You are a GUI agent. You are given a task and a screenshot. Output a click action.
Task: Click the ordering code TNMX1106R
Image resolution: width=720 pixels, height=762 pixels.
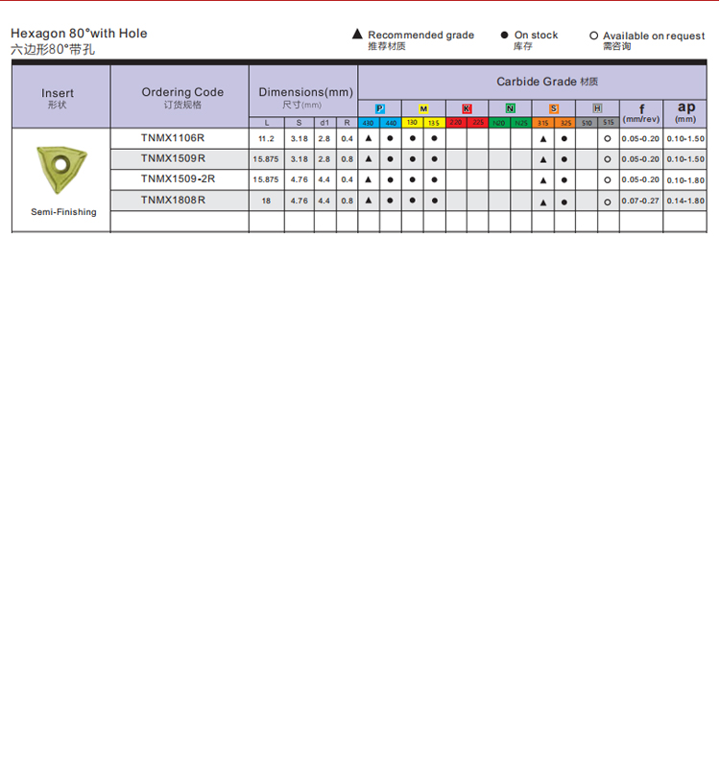[173, 138]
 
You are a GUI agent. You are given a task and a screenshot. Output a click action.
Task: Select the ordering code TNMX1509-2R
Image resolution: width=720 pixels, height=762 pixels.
[178, 179]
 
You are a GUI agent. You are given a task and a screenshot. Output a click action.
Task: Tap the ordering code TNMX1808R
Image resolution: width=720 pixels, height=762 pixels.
[173, 200]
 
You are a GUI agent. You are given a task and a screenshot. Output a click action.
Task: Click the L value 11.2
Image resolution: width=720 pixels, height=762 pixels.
[266, 139]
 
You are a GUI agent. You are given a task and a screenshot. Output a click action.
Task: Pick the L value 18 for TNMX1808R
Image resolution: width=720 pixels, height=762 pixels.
[266, 201]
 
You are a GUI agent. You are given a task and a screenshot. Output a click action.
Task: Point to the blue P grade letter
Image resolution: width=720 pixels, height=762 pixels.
[379, 109]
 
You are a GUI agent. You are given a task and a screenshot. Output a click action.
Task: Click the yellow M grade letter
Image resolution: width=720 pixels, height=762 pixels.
[423, 109]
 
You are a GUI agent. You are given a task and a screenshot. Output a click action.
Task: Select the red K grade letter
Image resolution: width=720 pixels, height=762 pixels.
[467, 109]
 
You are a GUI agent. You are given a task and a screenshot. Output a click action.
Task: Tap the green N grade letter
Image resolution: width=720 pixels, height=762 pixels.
[510, 109]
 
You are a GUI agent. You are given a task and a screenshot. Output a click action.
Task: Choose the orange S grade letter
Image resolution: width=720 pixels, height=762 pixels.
[554, 109]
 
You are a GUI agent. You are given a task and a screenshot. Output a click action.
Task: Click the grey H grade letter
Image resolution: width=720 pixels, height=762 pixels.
[597, 109]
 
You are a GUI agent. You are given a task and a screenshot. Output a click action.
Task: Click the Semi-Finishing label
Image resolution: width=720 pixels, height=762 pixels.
[63, 212]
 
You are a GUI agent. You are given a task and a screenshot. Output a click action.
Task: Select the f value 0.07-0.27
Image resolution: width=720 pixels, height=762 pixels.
[640, 201]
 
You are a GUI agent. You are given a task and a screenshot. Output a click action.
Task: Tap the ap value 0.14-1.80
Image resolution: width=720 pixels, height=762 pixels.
[685, 201]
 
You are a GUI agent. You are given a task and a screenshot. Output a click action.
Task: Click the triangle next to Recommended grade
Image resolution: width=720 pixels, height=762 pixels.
[358, 35]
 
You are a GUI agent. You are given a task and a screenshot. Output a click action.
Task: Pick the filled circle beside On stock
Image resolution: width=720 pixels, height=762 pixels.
[504, 35]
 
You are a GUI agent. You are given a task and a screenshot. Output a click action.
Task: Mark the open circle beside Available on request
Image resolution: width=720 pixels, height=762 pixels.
[593, 36]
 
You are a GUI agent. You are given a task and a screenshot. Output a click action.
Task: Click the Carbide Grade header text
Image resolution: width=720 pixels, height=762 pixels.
[537, 82]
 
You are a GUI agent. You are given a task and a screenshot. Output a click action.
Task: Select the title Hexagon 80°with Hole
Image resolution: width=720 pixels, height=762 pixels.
[79, 34]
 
